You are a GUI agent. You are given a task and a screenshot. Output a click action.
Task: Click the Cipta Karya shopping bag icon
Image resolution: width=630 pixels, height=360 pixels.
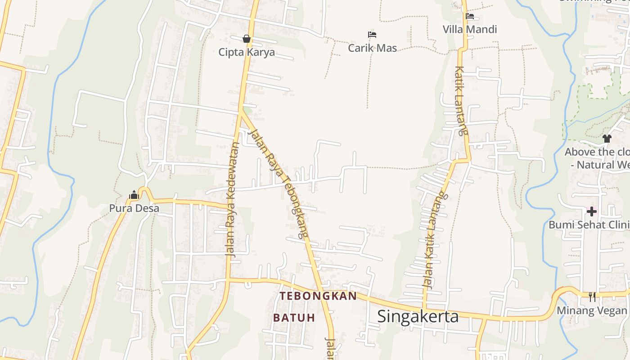(x=247, y=39)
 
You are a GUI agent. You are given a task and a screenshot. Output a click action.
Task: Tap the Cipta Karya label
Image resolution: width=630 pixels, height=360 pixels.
(x=247, y=52)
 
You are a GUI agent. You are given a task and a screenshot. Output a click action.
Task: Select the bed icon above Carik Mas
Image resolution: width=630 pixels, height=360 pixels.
(x=372, y=35)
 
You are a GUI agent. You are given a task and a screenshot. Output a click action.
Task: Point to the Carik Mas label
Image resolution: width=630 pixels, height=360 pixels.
(x=372, y=48)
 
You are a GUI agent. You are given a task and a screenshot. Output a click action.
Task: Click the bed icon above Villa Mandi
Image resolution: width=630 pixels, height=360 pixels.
(x=470, y=17)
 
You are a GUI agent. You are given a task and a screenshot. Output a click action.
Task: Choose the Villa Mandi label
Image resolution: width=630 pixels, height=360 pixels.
(x=470, y=30)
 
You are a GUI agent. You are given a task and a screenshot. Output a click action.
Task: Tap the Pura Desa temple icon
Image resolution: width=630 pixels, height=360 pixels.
(x=134, y=195)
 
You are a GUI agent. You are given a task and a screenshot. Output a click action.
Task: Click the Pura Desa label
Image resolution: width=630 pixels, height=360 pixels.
(x=134, y=208)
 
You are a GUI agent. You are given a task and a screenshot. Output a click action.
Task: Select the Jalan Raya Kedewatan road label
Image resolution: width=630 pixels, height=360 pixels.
(x=232, y=199)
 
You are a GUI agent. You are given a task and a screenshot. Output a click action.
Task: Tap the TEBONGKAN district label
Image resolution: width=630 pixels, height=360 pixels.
(x=318, y=296)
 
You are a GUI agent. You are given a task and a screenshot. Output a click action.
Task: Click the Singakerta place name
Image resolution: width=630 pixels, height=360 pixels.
(x=418, y=316)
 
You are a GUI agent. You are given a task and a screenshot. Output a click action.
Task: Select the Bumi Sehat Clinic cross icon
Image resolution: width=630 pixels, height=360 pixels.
(x=591, y=211)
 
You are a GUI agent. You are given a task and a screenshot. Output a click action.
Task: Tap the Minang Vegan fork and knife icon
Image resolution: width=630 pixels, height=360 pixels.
(x=592, y=297)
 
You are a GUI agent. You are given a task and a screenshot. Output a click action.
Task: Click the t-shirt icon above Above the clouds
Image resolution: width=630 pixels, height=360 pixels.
(x=607, y=139)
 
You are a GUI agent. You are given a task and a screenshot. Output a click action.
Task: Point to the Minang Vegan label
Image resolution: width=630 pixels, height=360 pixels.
(x=592, y=310)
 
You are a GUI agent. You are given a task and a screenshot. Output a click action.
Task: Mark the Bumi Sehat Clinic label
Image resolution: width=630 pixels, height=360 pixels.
(x=589, y=225)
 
